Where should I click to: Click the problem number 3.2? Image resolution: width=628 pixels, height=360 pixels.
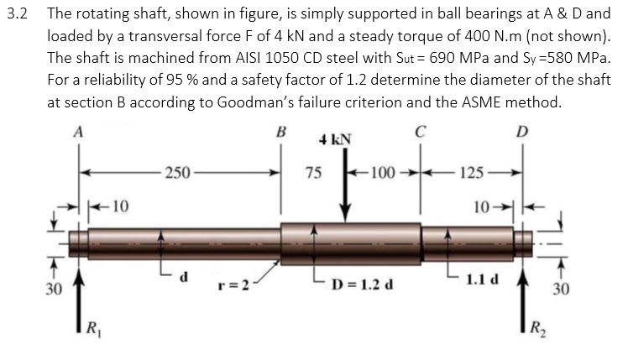15,14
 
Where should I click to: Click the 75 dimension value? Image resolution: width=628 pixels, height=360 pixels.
312,174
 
